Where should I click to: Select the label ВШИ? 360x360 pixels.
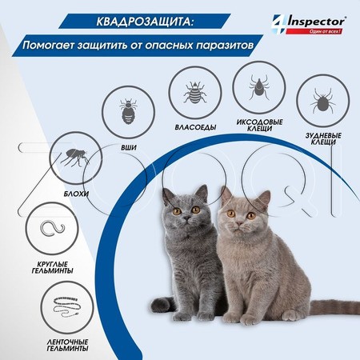[128, 146]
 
